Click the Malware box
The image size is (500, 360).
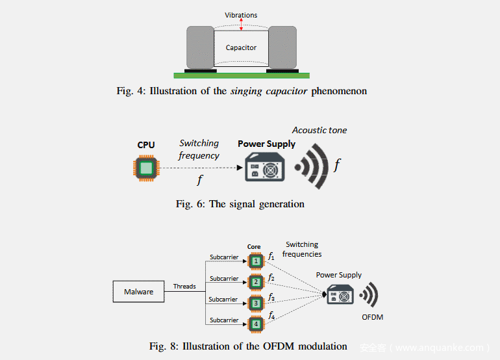[x=138, y=292]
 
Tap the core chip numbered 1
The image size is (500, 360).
[x=256, y=261]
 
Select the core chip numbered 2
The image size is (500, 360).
[x=256, y=282]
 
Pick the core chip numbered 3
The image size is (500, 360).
[x=256, y=303]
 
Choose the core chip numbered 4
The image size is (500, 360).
[x=256, y=324]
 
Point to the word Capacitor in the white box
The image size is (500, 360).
[x=241, y=47]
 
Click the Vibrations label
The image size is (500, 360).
[x=241, y=15]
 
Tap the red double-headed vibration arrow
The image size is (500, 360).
[x=241, y=24]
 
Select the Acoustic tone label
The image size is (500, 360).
[x=319, y=130]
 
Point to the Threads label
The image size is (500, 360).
[x=184, y=286]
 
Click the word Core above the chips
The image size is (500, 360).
[x=254, y=247]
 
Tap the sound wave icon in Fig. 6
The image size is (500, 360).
[x=311, y=166]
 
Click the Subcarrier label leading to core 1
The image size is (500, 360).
[x=224, y=257]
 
